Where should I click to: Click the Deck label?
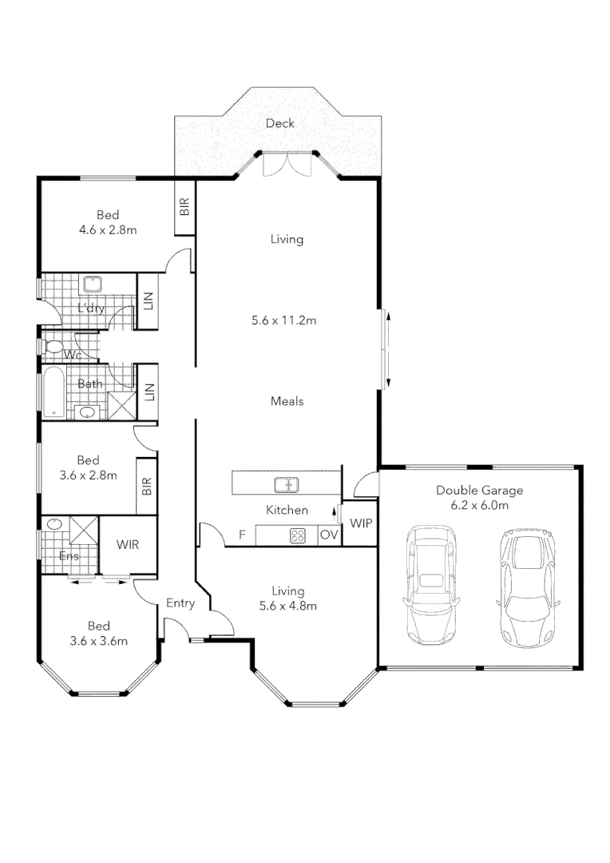280,123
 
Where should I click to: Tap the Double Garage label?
479,491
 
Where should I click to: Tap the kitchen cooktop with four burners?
298,536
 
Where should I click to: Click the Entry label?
180,603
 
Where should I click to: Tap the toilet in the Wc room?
55,348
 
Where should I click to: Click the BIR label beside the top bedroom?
184,208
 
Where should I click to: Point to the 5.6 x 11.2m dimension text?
285,321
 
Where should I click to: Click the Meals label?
287,401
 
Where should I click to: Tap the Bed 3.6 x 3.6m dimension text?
99,640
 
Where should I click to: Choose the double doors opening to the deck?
287,164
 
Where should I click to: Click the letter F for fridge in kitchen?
242,535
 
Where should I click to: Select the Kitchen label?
287,510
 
